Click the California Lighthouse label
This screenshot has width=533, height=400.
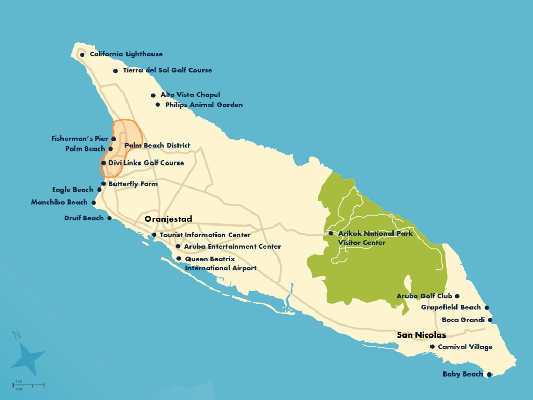[x=126, y=54]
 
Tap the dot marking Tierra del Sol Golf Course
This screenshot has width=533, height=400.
[x=116, y=71]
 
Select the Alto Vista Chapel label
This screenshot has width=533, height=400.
[x=190, y=95]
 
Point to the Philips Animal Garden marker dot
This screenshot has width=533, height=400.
[x=158, y=105]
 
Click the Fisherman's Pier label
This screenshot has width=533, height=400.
[x=80, y=139]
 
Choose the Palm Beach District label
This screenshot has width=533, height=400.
[x=157, y=145]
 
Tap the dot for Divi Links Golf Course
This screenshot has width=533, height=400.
[x=104, y=163]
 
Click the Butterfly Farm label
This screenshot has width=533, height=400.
[x=133, y=184]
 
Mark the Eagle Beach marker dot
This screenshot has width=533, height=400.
[x=99, y=190]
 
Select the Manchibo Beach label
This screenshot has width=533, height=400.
[x=59, y=202]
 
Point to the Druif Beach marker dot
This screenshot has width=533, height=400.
[x=109, y=218]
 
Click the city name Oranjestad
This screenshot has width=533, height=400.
[x=168, y=219]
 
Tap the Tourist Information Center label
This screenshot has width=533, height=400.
[x=205, y=235]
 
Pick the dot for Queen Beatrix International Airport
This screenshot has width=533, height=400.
[x=179, y=259]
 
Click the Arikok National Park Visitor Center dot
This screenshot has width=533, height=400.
[x=331, y=234]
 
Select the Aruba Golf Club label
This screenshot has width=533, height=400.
[x=424, y=296]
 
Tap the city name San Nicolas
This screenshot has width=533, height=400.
[x=421, y=335]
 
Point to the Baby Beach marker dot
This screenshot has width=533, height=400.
[x=489, y=374]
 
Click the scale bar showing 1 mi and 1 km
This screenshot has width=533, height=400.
[x=28, y=385]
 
